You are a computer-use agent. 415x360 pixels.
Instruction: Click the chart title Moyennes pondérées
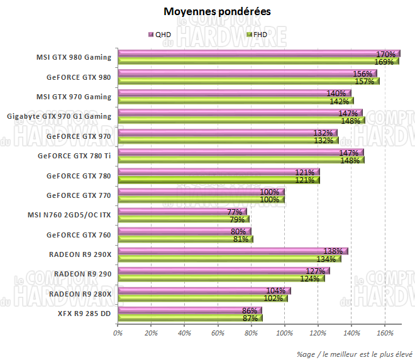pyautogui.click(x=209, y=11)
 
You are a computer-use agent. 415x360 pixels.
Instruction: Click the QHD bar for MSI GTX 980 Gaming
pyautogui.click(x=252, y=54)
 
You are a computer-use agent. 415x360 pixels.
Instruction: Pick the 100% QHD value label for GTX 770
pyautogui.click(x=270, y=192)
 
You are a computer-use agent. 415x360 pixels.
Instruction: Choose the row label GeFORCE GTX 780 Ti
pyautogui.click(x=74, y=156)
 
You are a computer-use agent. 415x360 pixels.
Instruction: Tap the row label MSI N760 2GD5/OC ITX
pyautogui.click(x=69, y=215)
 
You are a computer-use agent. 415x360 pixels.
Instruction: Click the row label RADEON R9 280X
pyautogui.click(x=80, y=293)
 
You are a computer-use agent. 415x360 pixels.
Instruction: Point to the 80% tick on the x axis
pyautogui.click(x=251, y=333)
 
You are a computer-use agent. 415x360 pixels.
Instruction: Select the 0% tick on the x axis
pyautogui.click(x=118, y=333)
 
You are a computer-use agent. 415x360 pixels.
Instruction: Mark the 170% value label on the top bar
pyautogui.click(x=385, y=54)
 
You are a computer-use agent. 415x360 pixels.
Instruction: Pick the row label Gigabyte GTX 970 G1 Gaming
pyautogui.click(x=58, y=116)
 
